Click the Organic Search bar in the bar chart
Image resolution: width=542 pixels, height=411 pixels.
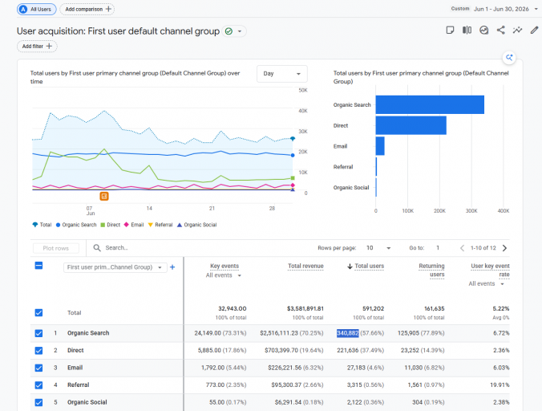click(430, 104)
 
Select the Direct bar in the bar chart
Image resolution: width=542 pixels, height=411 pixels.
click(411, 125)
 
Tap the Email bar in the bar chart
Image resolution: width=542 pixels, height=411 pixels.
click(380, 146)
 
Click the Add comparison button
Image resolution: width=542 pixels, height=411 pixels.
click(87, 9)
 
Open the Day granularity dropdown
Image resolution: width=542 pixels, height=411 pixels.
click(281, 74)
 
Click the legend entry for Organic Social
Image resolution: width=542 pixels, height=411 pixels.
click(196, 225)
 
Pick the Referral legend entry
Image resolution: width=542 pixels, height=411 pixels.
click(160, 225)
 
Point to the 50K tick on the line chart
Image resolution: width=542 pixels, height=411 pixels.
click(303, 90)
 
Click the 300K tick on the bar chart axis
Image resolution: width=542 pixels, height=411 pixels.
click(471, 210)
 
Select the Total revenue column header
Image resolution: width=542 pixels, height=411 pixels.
click(305, 266)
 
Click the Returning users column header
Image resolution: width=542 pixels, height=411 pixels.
click(431, 271)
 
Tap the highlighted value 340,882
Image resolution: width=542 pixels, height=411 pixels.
click(348, 333)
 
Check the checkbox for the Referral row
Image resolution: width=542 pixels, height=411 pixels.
click(38, 385)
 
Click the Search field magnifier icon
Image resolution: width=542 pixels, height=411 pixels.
click(97, 248)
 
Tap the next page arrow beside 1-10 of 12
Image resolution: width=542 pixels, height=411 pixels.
click(504, 248)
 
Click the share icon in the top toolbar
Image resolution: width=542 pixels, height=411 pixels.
click(500, 30)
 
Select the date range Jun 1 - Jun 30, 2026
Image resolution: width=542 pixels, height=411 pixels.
click(501, 9)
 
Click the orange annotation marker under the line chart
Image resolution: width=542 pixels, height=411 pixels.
click(104, 196)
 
